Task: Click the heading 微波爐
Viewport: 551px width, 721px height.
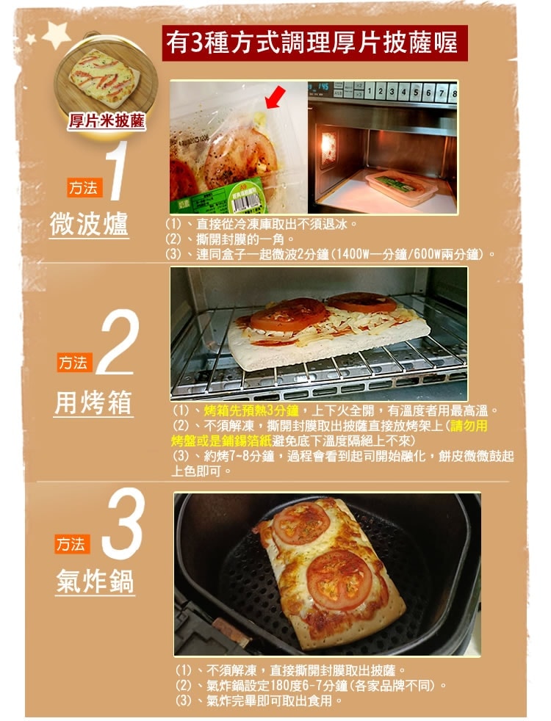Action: click(88, 225)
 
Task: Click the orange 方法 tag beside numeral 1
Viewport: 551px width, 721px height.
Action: click(82, 189)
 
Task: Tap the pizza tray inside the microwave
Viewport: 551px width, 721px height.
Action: click(400, 187)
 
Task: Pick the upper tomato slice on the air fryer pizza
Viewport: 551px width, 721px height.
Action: click(302, 522)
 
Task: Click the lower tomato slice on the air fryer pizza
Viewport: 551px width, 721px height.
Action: click(339, 579)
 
